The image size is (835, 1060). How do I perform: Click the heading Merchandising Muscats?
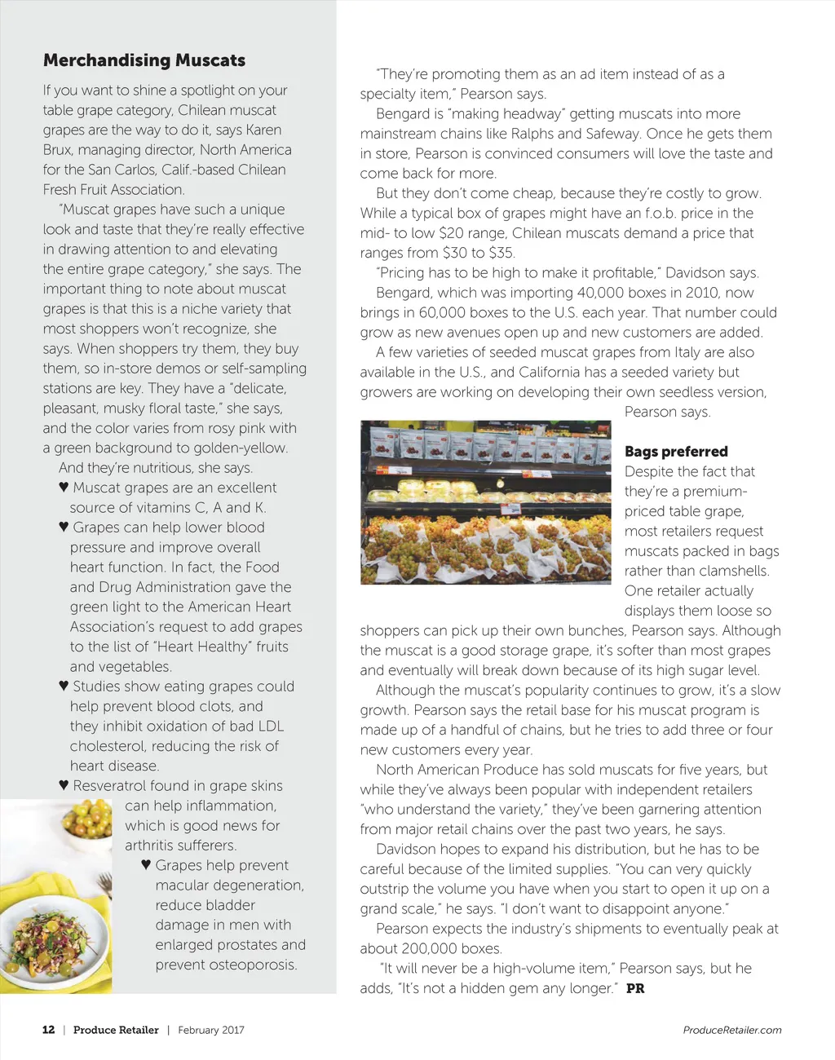[x=144, y=60]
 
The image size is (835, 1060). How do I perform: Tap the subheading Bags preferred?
[x=676, y=452]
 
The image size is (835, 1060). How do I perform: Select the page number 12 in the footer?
[x=49, y=1030]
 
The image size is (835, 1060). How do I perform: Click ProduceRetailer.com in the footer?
[x=731, y=1030]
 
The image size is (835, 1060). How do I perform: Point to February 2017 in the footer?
[x=211, y=1030]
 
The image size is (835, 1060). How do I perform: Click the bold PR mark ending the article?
[x=635, y=988]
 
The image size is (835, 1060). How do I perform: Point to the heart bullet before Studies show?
[x=64, y=687]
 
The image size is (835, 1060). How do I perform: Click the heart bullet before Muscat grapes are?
[x=64, y=488]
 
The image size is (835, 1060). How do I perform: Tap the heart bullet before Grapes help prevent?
[x=147, y=865]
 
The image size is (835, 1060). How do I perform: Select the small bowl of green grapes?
[x=87, y=818]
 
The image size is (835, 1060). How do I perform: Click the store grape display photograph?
[x=485, y=502]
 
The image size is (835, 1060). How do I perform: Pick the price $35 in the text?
[x=501, y=253]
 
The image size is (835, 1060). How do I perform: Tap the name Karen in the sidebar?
[x=263, y=130]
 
